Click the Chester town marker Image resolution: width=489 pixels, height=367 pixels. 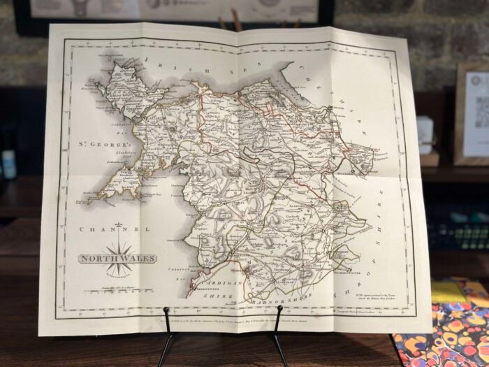[x=328, y=110]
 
